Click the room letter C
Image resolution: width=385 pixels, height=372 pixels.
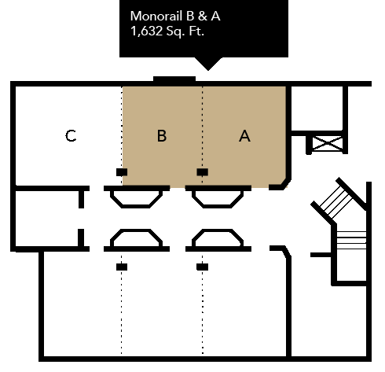pyautogui.click(x=71, y=136)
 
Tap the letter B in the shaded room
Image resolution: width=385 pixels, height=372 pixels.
pyautogui.click(x=162, y=136)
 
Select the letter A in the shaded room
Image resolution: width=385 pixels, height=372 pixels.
pyautogui.click(x=244, y=136)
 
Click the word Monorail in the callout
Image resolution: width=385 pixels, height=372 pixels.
pyautogui.click(x=156, y=16)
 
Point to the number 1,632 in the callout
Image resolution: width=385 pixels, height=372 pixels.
pyautogui.click(x=146, y=31)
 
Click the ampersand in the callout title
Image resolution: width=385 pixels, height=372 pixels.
pyautogui.click(x=203, y=16)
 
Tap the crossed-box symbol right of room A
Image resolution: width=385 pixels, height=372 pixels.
pyautogui.click(x=328, y=143)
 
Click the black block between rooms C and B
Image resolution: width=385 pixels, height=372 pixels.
pyautogui.click(x=122, y=172)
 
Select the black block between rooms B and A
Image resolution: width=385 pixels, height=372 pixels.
pyautogui.click(x=203, y=172)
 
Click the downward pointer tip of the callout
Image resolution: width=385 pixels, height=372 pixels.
pyautogui.click(x=208, y=70)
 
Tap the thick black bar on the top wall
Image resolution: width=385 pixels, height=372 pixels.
pyautogui.click(x=174, y=79)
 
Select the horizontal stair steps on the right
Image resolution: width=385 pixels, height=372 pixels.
pyautogui.click(x=351, y=240)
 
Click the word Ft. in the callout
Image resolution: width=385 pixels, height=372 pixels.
pyautogui.click(x=196, y=31)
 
